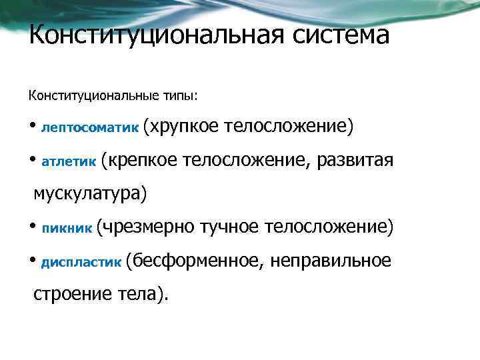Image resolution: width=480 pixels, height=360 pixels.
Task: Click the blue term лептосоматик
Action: (90, 127)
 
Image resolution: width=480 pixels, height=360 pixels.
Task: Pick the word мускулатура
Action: (87, 193)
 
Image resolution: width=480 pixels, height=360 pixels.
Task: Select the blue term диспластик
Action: (81, 262)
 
